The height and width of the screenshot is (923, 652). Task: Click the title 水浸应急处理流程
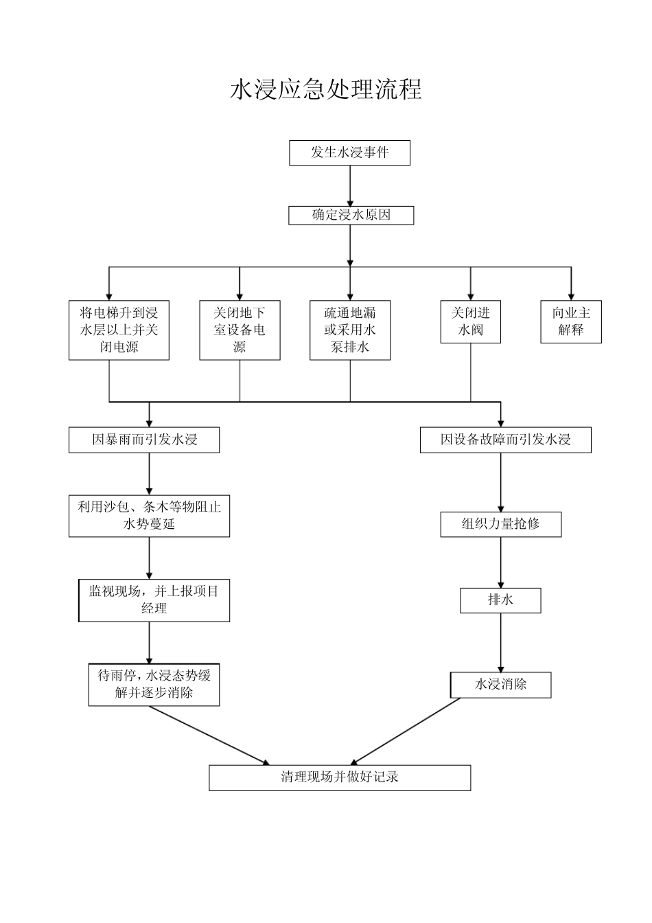point(325,90)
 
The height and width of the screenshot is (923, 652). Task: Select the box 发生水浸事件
point(349,152)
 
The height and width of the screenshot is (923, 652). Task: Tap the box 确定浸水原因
point(351,215)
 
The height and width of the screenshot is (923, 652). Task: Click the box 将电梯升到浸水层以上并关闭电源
point(119,330)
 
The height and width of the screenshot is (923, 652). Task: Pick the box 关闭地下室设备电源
point(240,330)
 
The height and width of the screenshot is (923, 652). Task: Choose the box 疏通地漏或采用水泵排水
point(350,330)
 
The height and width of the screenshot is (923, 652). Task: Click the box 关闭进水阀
point(471,321)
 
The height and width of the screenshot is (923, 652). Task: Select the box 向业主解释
point(571,321)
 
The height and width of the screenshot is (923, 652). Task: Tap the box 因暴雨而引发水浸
point(144,440)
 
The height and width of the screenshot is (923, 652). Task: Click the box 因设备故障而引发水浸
point(505,440)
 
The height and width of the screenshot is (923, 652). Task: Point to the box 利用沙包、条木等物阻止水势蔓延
point(149,516)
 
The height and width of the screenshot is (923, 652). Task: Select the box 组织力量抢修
point(500,524)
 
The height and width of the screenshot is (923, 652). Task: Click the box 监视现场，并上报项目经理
point(154,600)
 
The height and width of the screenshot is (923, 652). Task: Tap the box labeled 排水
point(500,600)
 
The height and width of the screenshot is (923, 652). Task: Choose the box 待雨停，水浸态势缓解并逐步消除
point(154,684)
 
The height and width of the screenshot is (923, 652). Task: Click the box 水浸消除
point(500,685)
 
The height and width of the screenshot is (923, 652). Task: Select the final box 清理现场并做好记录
point(340,777)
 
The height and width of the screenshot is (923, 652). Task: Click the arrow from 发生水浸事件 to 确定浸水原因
point(350,185)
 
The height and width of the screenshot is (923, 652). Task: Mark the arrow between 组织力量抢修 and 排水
point(500,562)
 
